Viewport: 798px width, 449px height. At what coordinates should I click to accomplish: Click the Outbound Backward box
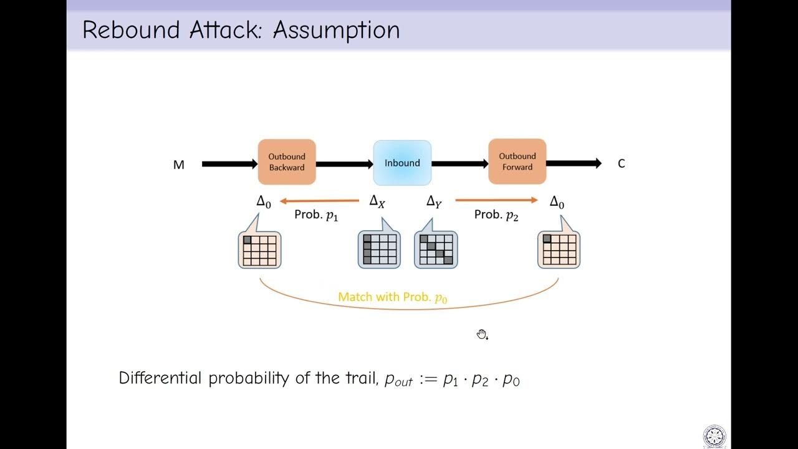point(287,162)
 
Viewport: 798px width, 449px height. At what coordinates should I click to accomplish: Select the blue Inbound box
point(402,163)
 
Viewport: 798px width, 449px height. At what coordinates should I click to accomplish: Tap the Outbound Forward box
point(517,162)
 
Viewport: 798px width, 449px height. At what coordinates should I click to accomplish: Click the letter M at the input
point(179,165)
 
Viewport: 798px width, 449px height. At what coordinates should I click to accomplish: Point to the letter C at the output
point(621,163)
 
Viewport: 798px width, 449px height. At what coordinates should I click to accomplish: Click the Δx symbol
point(377,201)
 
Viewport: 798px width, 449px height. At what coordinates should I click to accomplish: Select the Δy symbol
point(434,202)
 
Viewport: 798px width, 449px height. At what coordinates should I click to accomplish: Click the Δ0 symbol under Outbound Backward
point(264,203)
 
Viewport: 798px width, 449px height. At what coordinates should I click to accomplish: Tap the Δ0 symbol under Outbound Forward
point(557,203)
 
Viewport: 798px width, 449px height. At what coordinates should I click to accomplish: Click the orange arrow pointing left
point(319,201)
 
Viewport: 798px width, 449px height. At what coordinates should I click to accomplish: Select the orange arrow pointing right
point(496,200)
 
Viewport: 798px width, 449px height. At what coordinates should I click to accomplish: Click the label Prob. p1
point(315,215)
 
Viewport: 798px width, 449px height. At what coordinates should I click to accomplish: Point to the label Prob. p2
point(496,215)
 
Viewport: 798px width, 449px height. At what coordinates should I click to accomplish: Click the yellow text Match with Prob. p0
point(393,297)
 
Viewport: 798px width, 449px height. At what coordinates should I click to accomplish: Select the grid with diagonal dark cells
point(436,249)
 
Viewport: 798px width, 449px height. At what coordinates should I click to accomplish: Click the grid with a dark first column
point(379,249)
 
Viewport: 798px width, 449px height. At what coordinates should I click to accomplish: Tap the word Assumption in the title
point(336,30)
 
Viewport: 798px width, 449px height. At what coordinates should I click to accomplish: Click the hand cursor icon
point(482,335)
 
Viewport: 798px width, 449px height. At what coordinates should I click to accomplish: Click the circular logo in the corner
point(714,436)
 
